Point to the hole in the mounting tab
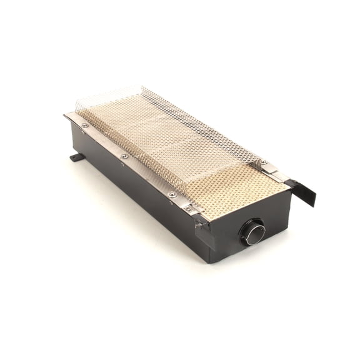(74, 157)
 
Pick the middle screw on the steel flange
(124, 155)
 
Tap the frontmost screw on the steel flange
(172, 194)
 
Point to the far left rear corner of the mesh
(77, 100)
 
